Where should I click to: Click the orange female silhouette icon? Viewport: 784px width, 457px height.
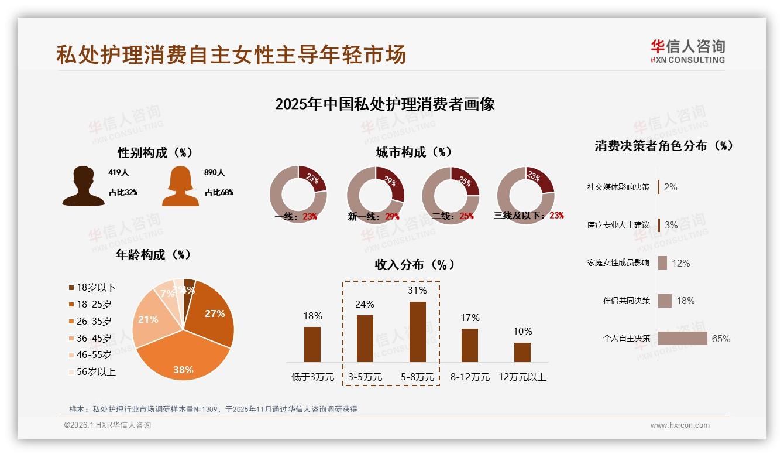pyautogui.click(x=180, y=186)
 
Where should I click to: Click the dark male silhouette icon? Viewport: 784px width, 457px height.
pyautogui.click(x=83, y=186)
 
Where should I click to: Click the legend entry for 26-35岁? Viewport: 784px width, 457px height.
pyautogui.click(x=94, y=321)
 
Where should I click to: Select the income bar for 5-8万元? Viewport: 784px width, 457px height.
pyautogui.click(x=418, y=332)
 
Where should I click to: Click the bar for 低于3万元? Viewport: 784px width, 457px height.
pyautogui.click(x=312, y=344)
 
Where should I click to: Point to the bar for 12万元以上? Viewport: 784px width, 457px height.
pyautogui.click(x=522, y=352)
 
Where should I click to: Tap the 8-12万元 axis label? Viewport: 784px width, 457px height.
pyautogui.click(x=470, y=377)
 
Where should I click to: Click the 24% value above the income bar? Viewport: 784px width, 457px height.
pyautogui.click(x=365, y=304)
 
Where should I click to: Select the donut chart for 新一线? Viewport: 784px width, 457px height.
pyautogui.click(x=376, y=195)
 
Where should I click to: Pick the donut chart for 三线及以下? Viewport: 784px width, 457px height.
pyautogui.click(x=525, y=195)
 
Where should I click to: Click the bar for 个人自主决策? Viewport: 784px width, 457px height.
pyautogui.click(x=682, y=338)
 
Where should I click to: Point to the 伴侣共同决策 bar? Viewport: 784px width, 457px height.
pyautogui.click(x=665, y=301)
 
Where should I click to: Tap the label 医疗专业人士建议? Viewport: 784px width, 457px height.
pyautogui.click(x=618, y=225)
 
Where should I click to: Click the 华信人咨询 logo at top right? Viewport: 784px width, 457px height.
pyautogui.click(x=687, y=51)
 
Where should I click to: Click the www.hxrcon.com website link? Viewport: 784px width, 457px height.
pyautogui.click(x=680, y=425)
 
